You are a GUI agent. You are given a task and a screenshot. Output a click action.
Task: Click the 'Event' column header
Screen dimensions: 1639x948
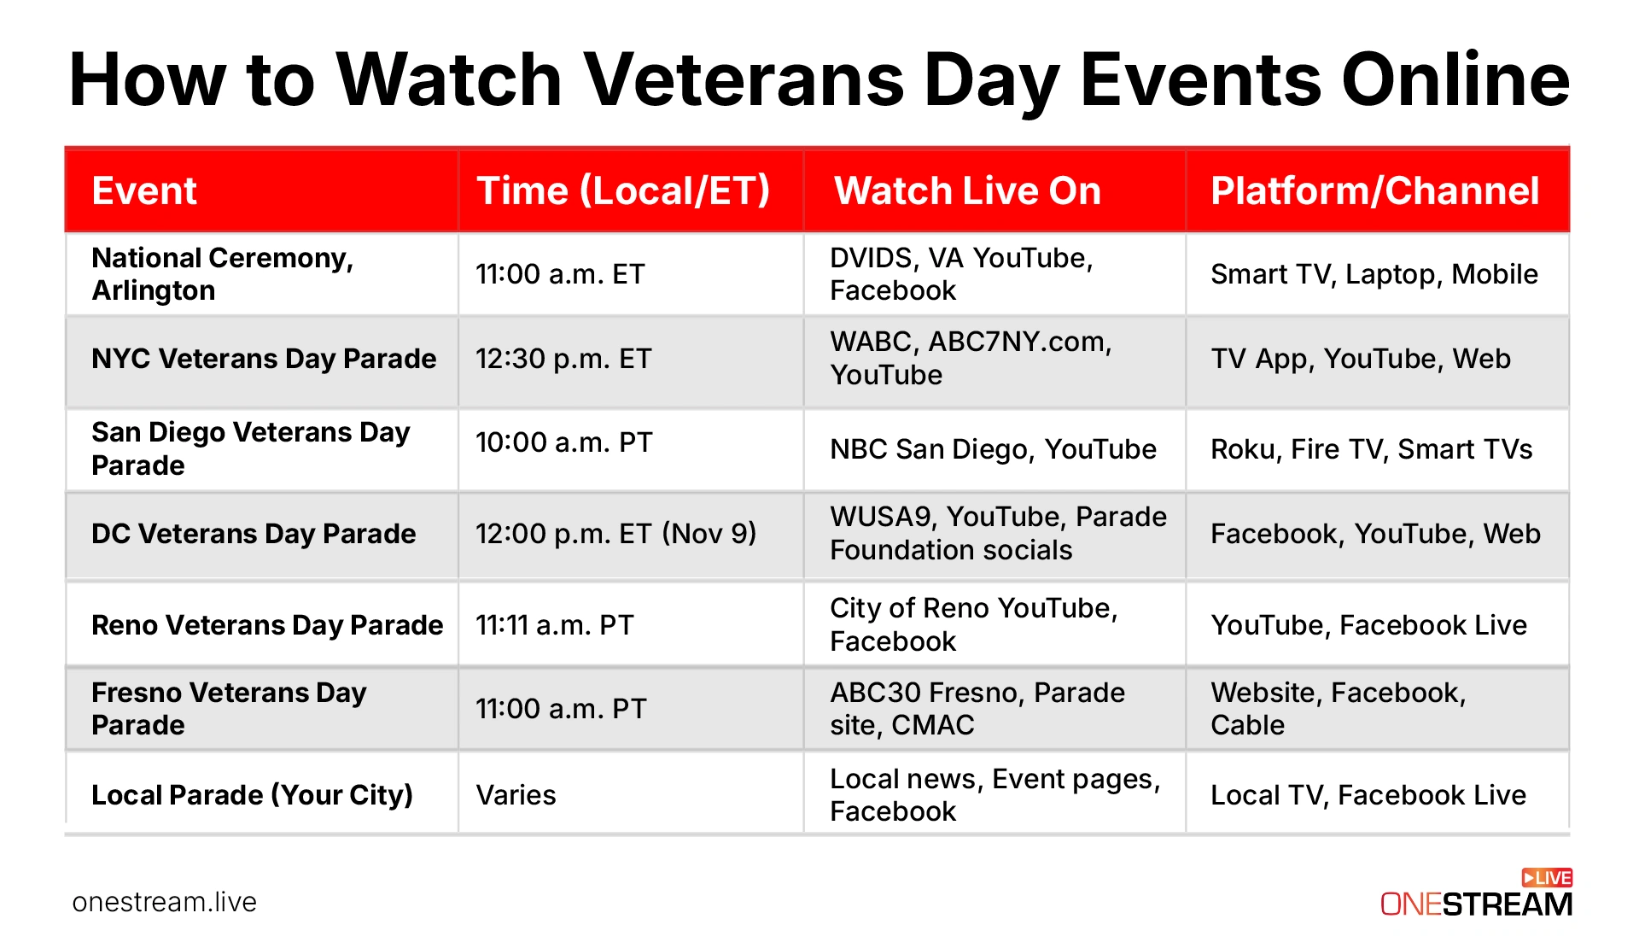(x=144, y=190)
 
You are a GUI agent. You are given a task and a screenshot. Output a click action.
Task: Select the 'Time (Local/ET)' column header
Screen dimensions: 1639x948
(x=623, y=190)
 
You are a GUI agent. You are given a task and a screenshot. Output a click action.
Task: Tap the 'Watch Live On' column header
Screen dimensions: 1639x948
(x=967, y=190)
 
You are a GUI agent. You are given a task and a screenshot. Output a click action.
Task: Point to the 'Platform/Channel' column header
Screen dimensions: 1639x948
(x=1374, y=190)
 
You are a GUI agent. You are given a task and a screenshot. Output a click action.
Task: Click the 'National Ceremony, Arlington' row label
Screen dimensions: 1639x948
(x=222, y=274)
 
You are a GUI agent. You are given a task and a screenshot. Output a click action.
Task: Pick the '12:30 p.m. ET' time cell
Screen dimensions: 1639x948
(x=563, y=359)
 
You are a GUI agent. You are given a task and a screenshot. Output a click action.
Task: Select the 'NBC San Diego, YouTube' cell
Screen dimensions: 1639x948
(x=993, y=449)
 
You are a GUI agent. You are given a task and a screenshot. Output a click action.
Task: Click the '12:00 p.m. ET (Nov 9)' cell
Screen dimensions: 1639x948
(x=615, y=534)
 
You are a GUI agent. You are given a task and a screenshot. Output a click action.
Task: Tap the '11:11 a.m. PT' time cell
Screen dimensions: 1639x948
(x=555, y=625)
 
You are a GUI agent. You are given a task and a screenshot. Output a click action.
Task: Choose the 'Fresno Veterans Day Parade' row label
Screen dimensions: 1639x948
(x=229, y=709)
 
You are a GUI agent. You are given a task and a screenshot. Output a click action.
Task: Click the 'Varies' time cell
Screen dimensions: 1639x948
(x=516, y=795)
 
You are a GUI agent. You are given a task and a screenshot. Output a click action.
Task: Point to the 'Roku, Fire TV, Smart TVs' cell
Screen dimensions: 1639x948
(x=1371, y=449)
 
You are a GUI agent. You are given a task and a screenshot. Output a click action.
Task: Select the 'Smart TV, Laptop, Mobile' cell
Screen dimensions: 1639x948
(x=1374, y=274)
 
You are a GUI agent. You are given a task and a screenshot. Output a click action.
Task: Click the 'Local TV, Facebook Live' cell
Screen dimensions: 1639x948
(x=1368, y=795)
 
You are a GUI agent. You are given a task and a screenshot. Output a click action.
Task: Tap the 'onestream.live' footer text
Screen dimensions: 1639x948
(x=165, y=902)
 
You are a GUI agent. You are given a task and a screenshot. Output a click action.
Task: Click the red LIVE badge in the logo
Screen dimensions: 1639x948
(x=1547, y=878)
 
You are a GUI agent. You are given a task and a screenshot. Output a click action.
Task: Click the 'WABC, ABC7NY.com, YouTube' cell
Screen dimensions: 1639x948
(x=971, y=359)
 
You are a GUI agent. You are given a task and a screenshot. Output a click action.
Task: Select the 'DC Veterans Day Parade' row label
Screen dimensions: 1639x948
(x=254, y=534)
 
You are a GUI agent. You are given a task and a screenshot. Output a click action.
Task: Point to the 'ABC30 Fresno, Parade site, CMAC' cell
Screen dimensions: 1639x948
(x=977, y=709)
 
